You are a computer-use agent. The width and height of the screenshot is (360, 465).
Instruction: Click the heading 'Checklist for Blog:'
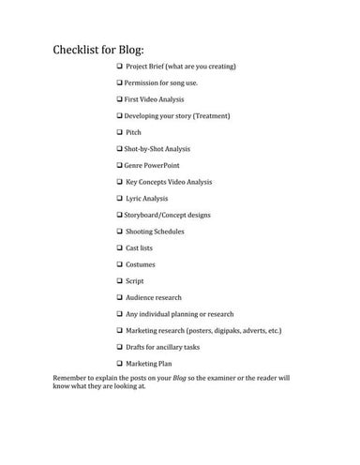click(x=105, y=50)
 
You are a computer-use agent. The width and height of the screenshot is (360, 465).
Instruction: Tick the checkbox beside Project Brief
click(x=120, y=67)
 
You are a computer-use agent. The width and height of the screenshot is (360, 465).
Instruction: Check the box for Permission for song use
click(x=120, y=83)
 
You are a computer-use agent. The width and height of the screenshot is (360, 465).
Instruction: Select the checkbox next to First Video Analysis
click(x=120, y=99)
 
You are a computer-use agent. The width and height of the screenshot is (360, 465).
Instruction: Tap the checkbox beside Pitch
click(x=120, y=132)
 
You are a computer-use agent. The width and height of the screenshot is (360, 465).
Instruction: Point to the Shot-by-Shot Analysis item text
click(x=157, y=149)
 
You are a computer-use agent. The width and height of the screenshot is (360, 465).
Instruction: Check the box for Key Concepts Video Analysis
click(x=120, y=182)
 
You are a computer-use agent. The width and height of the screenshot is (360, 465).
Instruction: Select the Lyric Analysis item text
click(x=153, y=198)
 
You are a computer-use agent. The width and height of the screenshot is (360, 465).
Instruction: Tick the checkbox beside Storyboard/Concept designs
click(x=120, y=215)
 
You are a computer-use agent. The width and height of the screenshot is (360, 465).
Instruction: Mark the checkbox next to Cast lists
click(x=120, y=247)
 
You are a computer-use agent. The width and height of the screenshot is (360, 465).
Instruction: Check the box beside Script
click(x=120, y=280)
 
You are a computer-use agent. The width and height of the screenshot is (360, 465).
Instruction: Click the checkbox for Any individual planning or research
click(x=120, y=313)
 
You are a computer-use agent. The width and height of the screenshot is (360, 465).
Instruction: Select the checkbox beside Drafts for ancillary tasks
click(x=120, y=346)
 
